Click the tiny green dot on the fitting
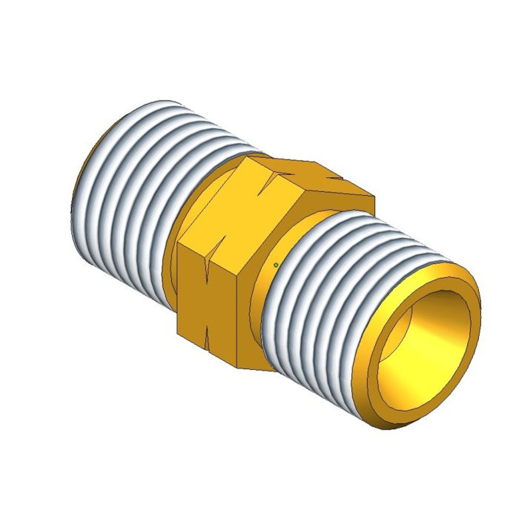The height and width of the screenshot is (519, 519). point(276,265)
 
